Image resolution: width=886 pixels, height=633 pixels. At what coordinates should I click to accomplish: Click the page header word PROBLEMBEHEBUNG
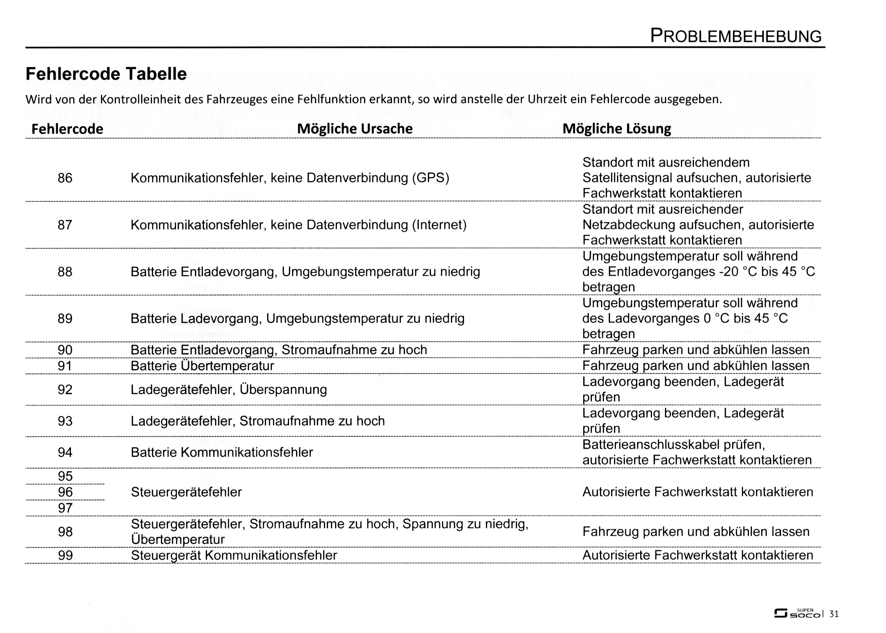tap(736, 36)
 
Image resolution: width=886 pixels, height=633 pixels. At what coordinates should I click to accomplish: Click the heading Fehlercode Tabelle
tap(106, 74)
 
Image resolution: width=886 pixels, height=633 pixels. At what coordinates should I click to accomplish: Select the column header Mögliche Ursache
tap(355, 129)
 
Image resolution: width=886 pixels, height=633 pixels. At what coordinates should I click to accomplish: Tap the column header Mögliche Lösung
tap(616, 129)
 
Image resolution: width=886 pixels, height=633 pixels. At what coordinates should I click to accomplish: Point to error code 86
tap(65, 178)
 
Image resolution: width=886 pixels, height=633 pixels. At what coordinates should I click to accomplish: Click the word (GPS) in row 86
tap(431, 178)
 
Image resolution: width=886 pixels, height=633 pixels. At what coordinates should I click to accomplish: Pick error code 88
tap(65, 272)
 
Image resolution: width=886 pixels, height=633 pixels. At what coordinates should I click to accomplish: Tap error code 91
tap(65, 366)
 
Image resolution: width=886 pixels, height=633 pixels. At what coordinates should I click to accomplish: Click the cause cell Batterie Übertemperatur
tap(202, 366)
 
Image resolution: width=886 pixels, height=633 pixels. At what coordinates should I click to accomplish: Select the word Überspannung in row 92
tap(283, 390)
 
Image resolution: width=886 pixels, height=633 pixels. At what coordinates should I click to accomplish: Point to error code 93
tap(65, 421)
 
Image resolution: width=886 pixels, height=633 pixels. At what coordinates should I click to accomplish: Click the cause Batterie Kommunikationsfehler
tap(222, 453)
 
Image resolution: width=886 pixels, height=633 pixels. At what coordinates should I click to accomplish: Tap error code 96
tap(65, 492)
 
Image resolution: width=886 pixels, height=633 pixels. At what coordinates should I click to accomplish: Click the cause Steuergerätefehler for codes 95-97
tap(186, 492)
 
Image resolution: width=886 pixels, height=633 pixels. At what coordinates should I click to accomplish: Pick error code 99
tap(65, 555)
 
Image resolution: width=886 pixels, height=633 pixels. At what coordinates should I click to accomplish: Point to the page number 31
tap(834, 614)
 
